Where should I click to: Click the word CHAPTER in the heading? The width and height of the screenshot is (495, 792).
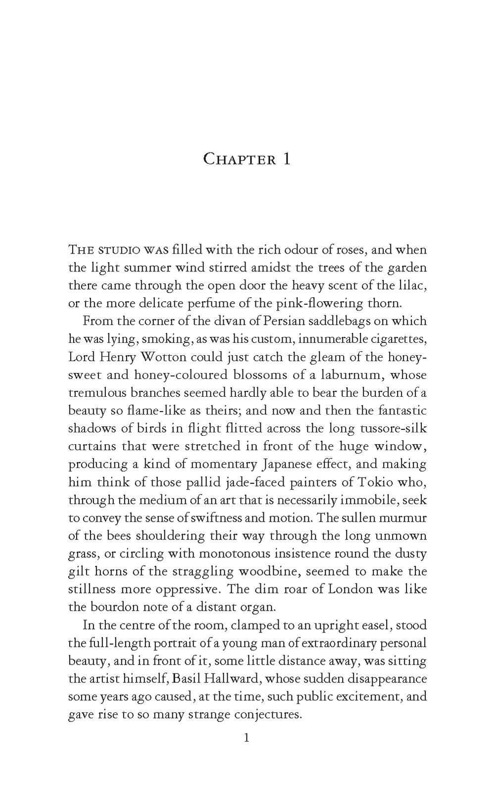[x=240, y=159]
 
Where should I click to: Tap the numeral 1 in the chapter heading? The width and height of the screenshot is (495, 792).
[x=287, y=159]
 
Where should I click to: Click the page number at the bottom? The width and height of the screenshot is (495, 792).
[x=247, y=738]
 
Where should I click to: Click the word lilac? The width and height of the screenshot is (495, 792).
[x=412, y=285]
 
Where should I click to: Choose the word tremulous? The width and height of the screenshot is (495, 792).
[x=98, y=392]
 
